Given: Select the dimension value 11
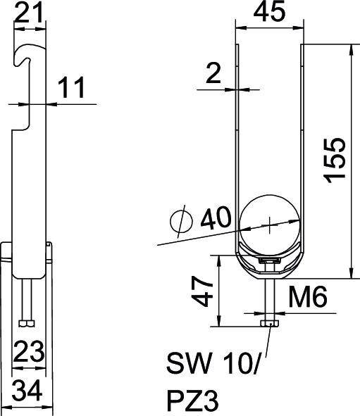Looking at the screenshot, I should click(x=71, y=88).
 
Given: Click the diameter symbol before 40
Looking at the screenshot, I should click(x=181, y=222).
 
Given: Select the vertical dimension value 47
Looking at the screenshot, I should click(x=203, y=291).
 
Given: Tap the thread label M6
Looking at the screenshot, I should click(x=307, y=298).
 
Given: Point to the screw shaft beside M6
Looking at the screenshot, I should click(x=271, y=296).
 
